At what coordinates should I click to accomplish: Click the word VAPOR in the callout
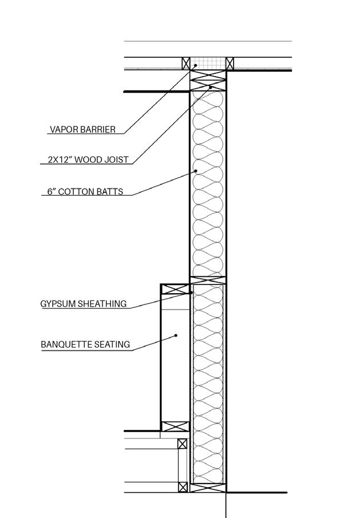pyautogui.click(x=62, y=129)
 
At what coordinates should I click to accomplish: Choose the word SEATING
pyautogui.click(x=112, y=345)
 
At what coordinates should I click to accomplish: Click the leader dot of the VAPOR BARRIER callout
pyautogui.click(x=195, y=66)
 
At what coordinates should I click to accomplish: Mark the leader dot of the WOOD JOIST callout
pyautogui.click(x=211, y=88)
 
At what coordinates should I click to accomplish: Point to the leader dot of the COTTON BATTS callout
pyautogui.click(x=196, y=171)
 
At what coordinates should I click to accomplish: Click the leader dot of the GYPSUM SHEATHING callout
pyautogui.click(x=191, y=293)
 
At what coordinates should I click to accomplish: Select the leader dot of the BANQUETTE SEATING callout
pyautogui.click(x=176, y=335)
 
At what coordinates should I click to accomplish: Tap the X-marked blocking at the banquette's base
pyautogui.click(x=175, y=426)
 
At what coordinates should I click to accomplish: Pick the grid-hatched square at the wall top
pyautogui.click(x=207, y=63)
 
